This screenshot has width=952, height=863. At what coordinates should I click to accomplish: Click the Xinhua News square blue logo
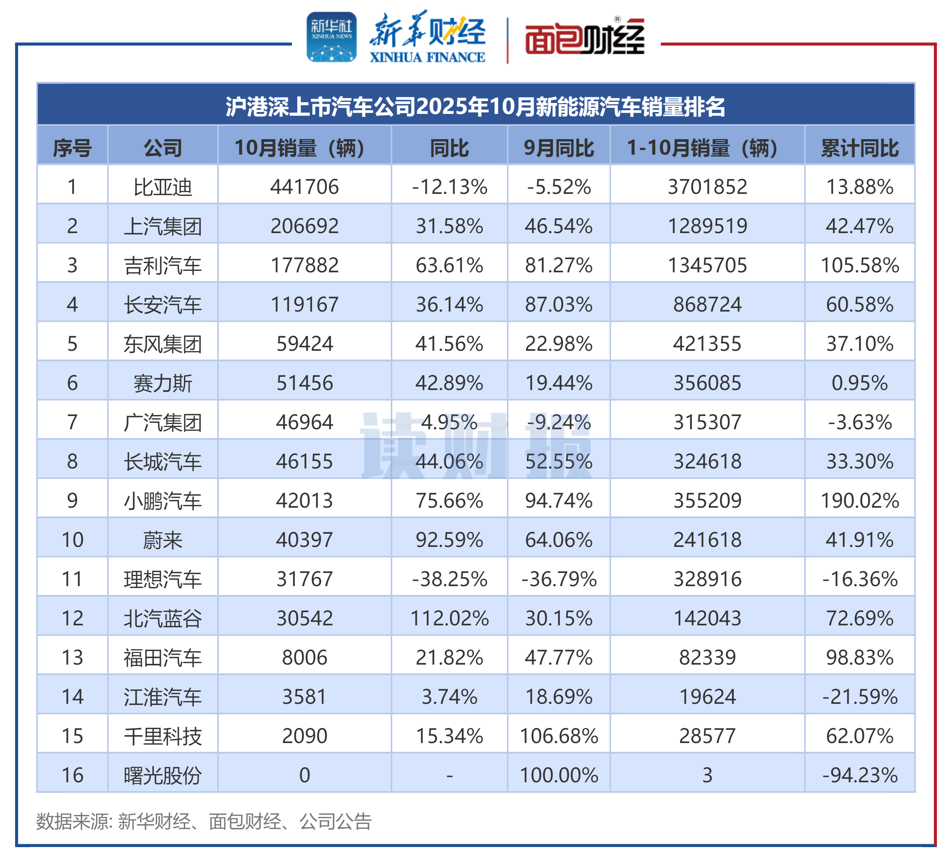click(332, 37)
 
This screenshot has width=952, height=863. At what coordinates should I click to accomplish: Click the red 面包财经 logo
click(585, 38)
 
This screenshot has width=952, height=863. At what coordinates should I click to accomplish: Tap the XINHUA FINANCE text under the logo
click(427, 57)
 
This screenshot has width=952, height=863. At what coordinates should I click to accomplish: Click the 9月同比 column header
click(559, 148)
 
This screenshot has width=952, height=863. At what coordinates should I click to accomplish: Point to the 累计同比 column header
click(860, 148)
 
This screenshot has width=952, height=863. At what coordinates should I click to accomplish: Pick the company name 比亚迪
click(163, 187)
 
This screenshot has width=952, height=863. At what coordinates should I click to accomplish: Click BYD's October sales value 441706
click(305, 187)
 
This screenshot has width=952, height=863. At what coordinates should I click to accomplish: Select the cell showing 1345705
click(707, 266)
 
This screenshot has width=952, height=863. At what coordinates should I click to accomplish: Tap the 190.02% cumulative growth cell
click(860, 501)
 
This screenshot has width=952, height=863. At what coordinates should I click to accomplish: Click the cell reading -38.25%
click(449, 579)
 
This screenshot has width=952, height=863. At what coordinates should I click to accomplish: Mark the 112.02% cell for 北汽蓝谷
click(449, 618)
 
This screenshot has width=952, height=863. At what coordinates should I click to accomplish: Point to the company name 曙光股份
click(163, 775)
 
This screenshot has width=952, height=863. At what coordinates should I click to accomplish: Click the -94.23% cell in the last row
click(860, 775)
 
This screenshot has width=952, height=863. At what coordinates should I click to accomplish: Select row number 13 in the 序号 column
click(72, 657)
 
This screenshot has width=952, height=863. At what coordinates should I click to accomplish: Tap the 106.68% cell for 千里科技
click(559, 736)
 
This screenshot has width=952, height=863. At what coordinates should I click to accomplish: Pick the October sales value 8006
click(305, 657)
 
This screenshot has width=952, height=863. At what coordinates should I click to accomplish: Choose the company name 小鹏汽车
click(163, 501)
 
